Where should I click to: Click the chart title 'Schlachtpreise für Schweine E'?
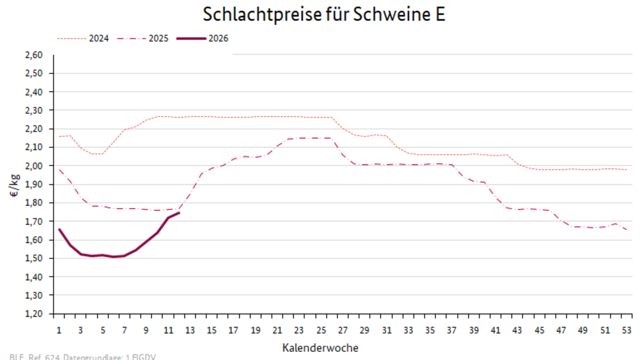pyautogui.click(x=324, y=15)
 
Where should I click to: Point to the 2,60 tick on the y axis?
pyautogui.click(x=34, y=55)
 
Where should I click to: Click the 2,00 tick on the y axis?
pyautogui.click(x=34, y=166)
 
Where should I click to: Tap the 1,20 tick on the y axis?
pyautogui.click(x=34, y=313)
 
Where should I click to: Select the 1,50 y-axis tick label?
pyautogui.click(x=34, y=258)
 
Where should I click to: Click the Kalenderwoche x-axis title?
pyautogui.click(x=321, y=347)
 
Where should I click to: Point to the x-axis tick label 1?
pyautogui.click(x=59, y=330)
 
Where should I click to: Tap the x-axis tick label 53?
pyautogui.click(x=627, y=330)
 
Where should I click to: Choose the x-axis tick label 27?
pyautogui.click(x=342, y=330)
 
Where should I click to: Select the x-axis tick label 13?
pyautogui.click(x=190, y=330)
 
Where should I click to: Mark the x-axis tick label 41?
pyautogui.click(x=496, y=330)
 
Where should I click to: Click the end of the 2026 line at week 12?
pyautogui.click(x=179, y=213)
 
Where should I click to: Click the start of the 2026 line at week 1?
pyautogui.click(x=59, y=229)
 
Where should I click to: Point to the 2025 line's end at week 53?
pyautogui.click(x=627, y=230)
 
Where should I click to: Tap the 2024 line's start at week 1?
pyautogui.click(x=59, y=136)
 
